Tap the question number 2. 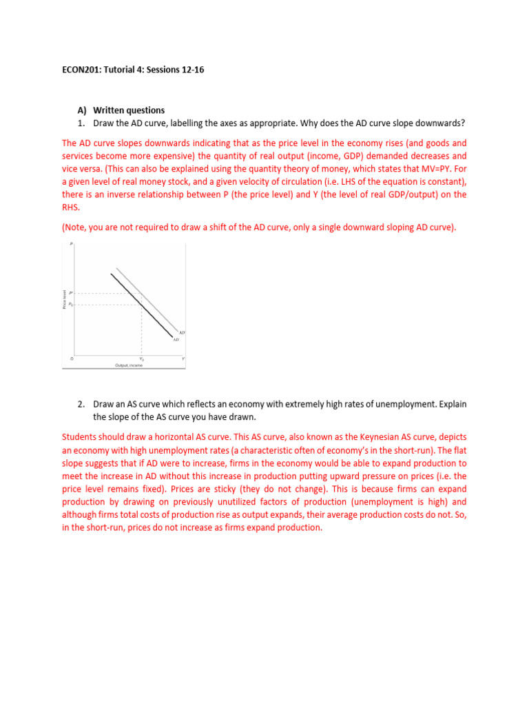(81, 403)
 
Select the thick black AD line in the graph (141, 304)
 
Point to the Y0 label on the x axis (142, 359)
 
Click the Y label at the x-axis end (183, 359)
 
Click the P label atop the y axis (72, 244)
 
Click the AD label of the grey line (182, 333)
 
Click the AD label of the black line (176, 339)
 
